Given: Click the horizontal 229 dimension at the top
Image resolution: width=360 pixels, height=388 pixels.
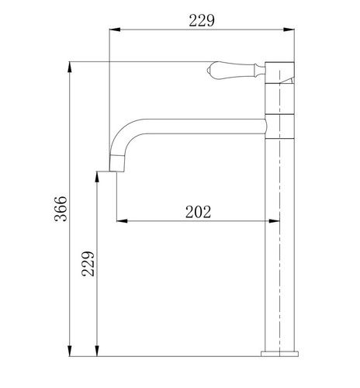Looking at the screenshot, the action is click(x=202, y=21).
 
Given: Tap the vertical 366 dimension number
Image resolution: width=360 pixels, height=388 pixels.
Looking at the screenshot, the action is click(x=61, y=209).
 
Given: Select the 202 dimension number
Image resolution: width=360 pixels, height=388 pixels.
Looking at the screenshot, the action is click(x=199, y=212).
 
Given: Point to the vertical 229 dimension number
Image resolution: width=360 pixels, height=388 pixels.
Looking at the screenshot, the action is click(x=88, y=264).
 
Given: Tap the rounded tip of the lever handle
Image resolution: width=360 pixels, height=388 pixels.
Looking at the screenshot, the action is click(x=209, y=70).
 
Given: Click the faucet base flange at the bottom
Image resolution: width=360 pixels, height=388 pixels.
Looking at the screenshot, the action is click(x=279, y=354).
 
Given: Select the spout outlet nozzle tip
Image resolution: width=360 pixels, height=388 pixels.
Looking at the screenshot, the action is click(x=117, y=164).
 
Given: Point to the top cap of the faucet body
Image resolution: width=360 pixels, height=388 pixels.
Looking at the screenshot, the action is click(x=280, y=72).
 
